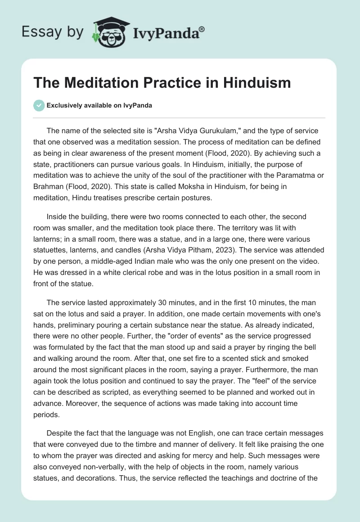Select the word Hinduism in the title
[253, 83]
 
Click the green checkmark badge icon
[39, 105]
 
